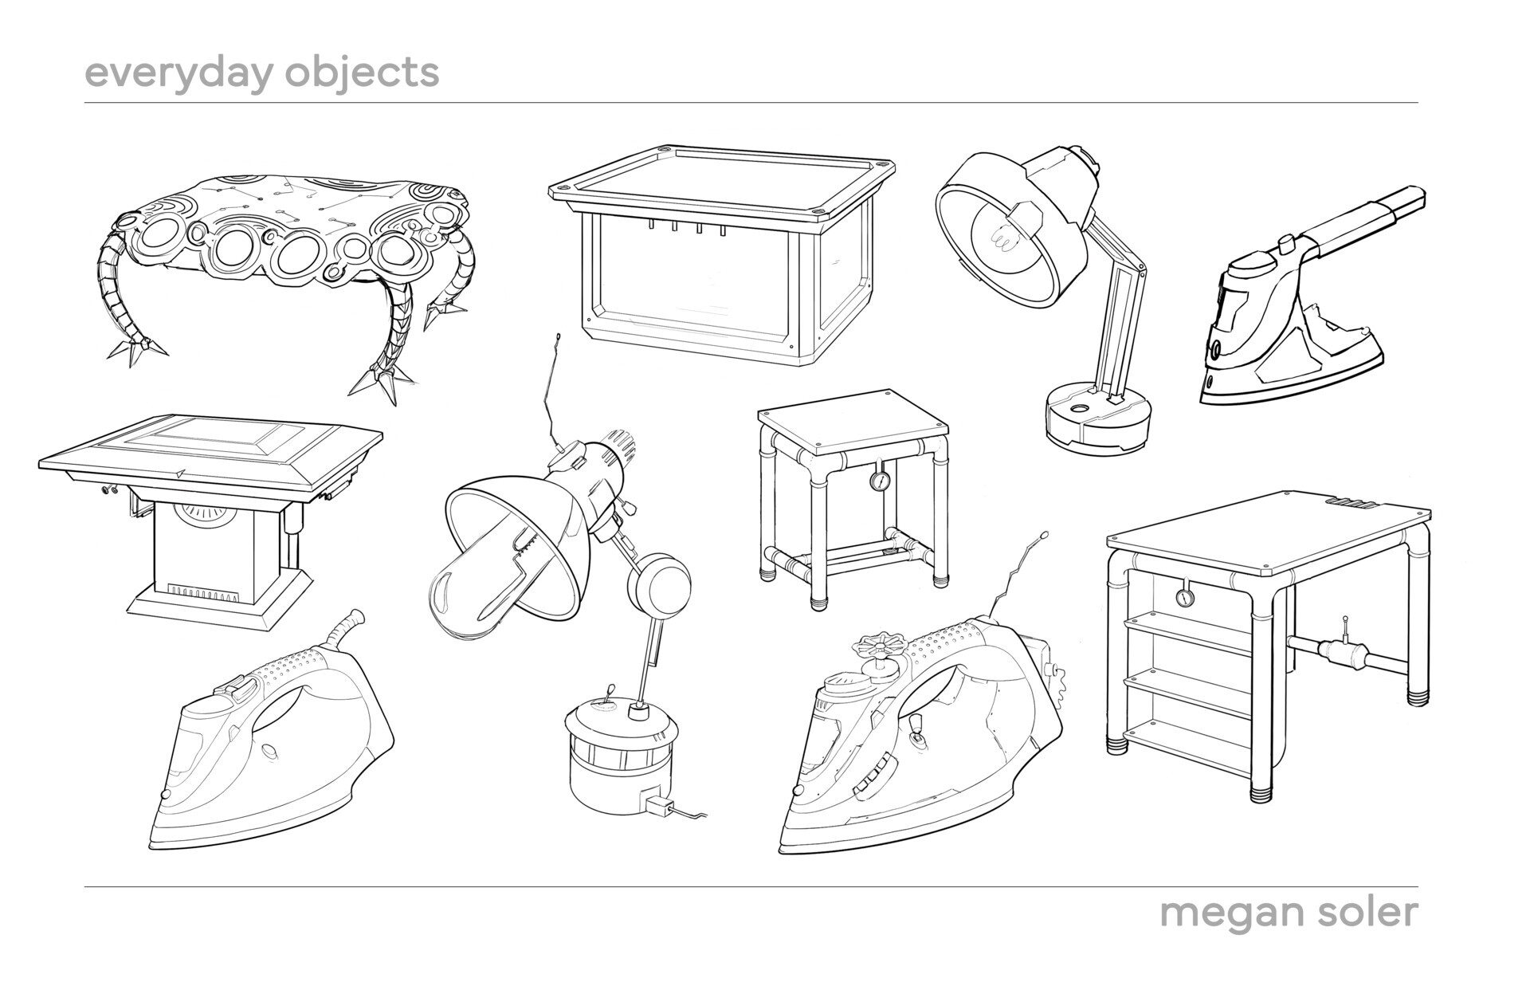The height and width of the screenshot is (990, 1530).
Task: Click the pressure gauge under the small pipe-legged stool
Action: (x=881, y=481)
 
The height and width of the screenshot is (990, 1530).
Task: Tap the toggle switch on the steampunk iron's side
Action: (x=917, y=728)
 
